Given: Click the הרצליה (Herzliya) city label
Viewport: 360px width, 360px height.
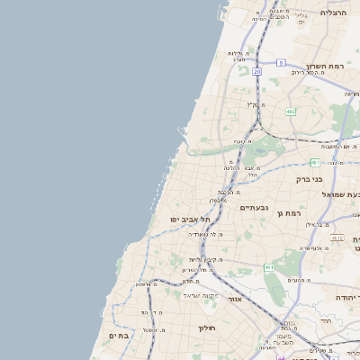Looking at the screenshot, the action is [x=333, y=13].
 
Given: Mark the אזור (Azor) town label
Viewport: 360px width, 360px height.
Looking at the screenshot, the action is [x=235, y=298].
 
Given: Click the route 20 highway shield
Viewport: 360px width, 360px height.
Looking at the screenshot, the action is [x=256, y=69].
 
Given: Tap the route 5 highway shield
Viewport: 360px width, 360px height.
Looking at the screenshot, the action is [x=281, y=63].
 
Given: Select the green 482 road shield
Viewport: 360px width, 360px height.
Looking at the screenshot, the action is [x=291, y=112].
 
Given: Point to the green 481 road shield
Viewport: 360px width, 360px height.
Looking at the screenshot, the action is [x=315, y=162].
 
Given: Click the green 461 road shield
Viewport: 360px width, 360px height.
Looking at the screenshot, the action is [x=269, y=267].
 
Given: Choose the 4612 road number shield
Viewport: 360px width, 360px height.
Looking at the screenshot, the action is [x=337, y=238].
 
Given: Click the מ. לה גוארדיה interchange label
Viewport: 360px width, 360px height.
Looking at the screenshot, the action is [x=207, y=234].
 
